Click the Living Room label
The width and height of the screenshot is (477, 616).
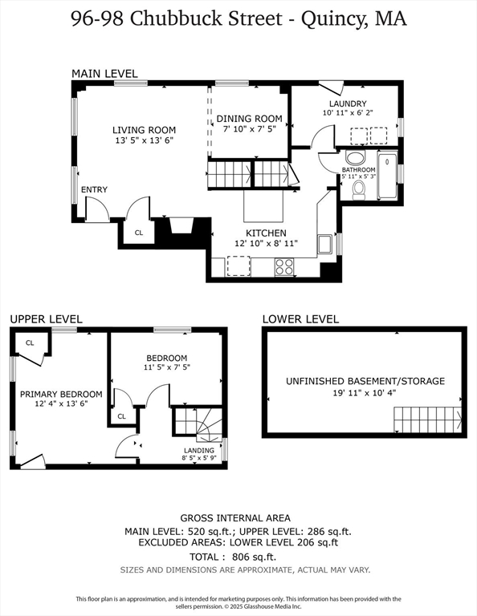click(x=144, y=130)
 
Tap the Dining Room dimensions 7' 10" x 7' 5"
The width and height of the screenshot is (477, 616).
click(x=250, y=128)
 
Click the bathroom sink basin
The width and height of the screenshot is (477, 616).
click(x=356, y=158)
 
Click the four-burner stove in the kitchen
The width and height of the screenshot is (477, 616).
click(x=284, y=267)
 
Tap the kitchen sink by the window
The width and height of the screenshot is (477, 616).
click(x=325, y=245)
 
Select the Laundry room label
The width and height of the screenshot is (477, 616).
click(x=348, y=103)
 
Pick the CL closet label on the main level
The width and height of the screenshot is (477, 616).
click(x=139, y=233)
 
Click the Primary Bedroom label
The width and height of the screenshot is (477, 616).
click(x=61, y=394)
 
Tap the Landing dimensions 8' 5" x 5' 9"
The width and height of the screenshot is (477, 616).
click(x=199, y=458)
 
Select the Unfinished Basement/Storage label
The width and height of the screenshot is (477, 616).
click(x=365, y=381)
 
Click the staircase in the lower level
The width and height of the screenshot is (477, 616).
click(x=427, y=419)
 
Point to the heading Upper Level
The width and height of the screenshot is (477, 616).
click(x=46, y=319)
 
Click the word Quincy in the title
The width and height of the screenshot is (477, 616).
click(x=336, y=19)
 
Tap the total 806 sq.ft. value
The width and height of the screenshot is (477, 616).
click(x=254, y=557)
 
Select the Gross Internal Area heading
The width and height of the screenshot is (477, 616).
click(x=235, y=518)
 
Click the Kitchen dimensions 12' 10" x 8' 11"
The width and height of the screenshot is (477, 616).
click(x=267, y=243)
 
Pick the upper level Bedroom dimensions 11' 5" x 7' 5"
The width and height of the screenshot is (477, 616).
click(x=167, y=367)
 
